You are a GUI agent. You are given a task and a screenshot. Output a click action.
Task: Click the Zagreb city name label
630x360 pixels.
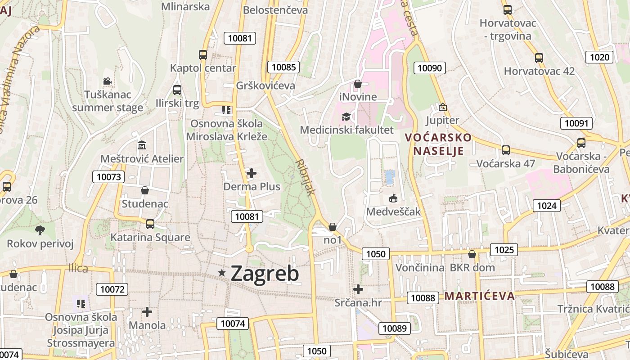(x=265, y=274)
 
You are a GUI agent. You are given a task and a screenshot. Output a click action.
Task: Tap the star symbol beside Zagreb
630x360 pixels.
(x=221, y=273)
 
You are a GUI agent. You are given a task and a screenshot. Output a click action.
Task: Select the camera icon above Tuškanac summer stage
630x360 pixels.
(x=107, y=81)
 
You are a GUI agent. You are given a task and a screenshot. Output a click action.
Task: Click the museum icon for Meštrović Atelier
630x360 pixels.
(x=142, y=145)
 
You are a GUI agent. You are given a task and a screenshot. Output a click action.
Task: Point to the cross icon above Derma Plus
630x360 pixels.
(x=252, y=173)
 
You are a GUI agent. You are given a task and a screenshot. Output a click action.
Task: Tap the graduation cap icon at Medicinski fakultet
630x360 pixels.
(x=346, y=117)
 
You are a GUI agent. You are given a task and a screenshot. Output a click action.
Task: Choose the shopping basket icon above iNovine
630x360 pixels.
(x=358, y=84)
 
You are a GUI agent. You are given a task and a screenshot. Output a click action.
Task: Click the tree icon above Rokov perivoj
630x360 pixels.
(x=40, y=230)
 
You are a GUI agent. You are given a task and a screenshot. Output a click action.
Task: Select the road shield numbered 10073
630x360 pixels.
(x=109, y=177)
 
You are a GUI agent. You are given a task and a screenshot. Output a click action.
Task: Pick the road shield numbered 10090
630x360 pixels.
(x=430, y=68)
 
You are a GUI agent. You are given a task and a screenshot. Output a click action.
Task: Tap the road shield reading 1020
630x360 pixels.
(x=599, y=57)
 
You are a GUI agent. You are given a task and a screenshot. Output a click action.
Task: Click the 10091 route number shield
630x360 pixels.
(x=576, y=123)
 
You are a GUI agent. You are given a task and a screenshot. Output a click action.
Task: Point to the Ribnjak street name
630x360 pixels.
(x=306, y=176)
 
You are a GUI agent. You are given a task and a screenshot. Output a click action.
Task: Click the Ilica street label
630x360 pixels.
(x=78, y=268)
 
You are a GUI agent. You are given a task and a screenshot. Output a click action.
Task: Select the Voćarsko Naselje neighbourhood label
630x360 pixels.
(x=438, y=144)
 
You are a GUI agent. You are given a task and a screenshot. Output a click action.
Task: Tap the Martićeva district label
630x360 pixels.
(x=479, y=296)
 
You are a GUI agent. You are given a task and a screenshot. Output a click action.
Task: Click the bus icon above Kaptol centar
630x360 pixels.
(x=203, y=55)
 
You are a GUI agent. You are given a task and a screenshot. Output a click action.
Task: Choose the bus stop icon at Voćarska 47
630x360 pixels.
(x=506, y=150)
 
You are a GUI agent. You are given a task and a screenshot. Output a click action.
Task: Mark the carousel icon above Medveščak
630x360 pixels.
(x=393, y=198)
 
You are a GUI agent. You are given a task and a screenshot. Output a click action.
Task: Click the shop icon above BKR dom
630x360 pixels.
(x=472, y=255)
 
